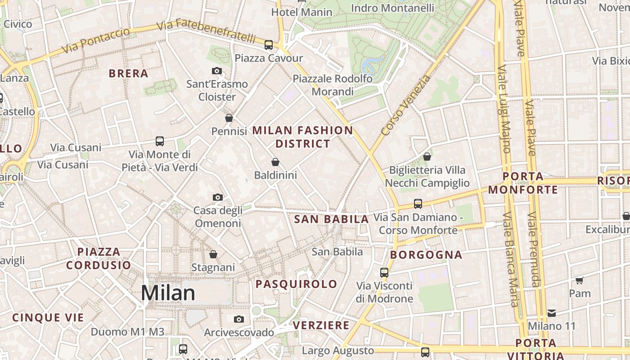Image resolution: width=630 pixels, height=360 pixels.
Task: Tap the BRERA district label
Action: point(128,74)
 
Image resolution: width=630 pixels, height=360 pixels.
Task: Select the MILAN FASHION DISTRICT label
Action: point(302,137)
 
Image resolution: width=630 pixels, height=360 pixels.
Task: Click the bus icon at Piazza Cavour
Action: point(269,45)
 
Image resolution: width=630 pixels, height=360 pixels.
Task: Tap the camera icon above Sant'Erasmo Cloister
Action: point(217,71)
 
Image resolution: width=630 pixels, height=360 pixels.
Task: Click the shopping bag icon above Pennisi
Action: point(229,118)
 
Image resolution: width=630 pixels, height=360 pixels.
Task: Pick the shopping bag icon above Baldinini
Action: point(275,162)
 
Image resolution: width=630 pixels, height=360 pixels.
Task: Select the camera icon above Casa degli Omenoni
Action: point(218,197)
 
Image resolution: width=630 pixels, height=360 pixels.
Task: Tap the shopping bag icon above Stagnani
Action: point(213,254)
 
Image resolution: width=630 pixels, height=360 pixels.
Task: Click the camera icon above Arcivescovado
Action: point(239,319)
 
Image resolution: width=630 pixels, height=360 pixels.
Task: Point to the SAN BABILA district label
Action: point(331,220)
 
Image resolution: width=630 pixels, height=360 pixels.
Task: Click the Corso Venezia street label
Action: point(405,106)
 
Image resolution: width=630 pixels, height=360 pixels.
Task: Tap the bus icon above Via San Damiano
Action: point(418,204)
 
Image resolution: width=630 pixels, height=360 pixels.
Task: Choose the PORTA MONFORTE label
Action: point(523,183)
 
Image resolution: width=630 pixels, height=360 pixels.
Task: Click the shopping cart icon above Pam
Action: point(580,280)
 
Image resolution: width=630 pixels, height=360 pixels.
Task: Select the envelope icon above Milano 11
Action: point(552,313)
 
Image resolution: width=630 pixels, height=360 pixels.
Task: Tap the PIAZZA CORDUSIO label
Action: point(99,258)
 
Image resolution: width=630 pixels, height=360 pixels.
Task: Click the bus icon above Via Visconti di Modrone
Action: point(384,272)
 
